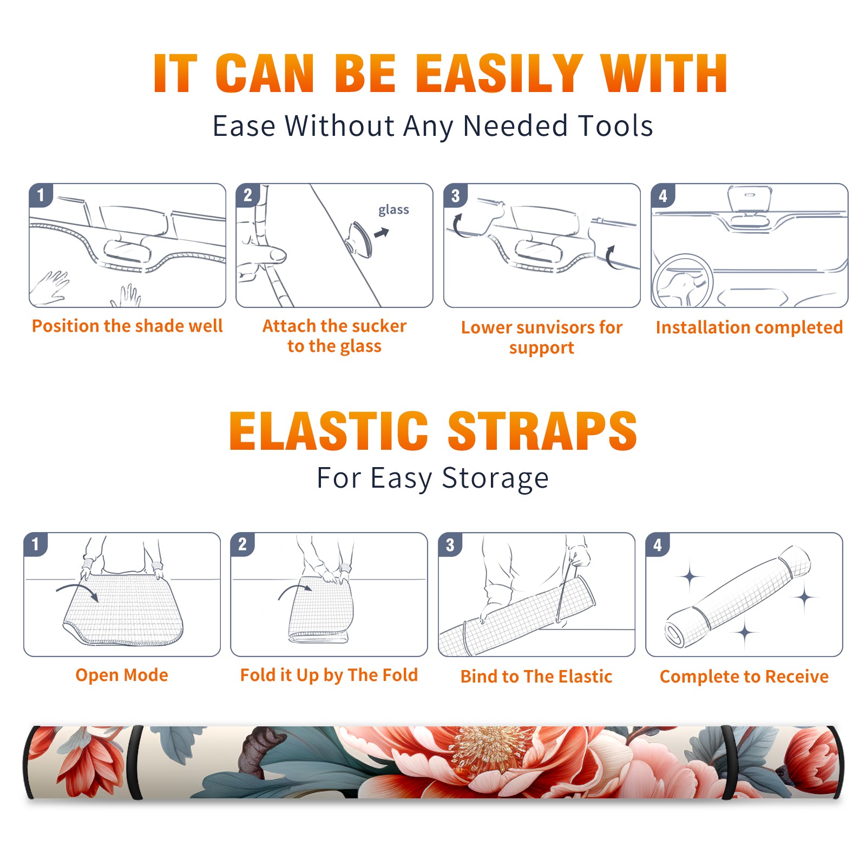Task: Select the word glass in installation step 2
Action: click(x=393, y=210)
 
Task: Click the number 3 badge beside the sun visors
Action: click(x=455, y=196)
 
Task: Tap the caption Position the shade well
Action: click(x=127, y=326)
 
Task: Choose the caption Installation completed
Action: click(x=749, y=327)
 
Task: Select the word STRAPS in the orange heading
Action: click(x=542, y=431)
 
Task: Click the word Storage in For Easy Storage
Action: click(x=495, y=478)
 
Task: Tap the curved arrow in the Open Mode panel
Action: click(x=77, y=591)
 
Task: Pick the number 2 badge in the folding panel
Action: click(x=242, y=544)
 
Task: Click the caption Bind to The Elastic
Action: click(x=536, y=677)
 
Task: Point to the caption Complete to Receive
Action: click(x=744, y=677)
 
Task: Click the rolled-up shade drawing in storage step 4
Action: click(x=737, y=596)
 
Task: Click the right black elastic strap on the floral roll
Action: click(x=729, y=763)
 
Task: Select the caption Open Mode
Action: click(x=122, y=675)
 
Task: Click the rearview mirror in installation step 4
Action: click(x=750, y=200)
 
